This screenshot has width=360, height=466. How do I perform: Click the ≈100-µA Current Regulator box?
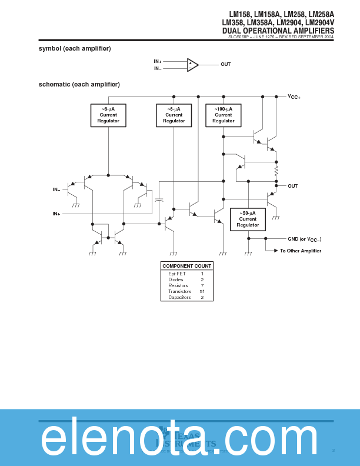click(x=223, y=115)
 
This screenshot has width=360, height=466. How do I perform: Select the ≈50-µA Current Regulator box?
click(x=248, y=219)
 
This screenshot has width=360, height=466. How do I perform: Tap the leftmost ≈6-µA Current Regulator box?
click(x=108, y=115)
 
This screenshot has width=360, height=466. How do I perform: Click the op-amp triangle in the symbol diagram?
click(x=192, y=65)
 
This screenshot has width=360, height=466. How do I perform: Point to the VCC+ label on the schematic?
click(x=294, y=96)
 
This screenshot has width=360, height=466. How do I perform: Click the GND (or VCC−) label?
click(x=304, y=239)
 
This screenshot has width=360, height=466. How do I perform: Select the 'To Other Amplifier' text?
click(x=300, y=251)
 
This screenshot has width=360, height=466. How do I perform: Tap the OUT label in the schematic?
click(x=292, y=186)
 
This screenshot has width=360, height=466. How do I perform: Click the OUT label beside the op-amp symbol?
click(x=225, y=64)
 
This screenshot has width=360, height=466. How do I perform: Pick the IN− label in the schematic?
click(x=56, y=189)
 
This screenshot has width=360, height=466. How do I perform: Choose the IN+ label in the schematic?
click(x=56, y=214)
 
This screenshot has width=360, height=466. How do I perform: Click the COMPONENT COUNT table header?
click(x=186, y=266)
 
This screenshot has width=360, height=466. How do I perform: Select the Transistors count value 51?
click(x=202, y=291)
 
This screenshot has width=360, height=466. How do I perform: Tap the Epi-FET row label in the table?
click(x=177, y=274)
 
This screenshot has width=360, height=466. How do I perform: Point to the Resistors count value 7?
click(x=202, y=285)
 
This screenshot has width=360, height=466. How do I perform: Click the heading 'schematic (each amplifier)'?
click(x=79, y=85)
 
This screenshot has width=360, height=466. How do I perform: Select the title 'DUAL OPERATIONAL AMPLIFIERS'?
click(x=278, y=31)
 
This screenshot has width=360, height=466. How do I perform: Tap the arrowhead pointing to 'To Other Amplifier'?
click(x=275, y=251)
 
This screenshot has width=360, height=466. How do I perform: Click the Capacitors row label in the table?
click(x=179, y=297)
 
